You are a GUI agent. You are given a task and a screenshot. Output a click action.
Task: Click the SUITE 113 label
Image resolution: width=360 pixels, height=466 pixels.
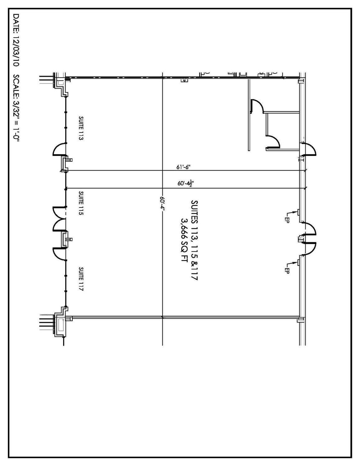[81, 128]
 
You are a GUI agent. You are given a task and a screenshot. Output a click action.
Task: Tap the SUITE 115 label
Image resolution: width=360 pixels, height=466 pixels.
[81, 203]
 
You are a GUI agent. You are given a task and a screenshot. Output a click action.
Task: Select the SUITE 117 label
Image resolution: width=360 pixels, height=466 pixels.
[81, 279]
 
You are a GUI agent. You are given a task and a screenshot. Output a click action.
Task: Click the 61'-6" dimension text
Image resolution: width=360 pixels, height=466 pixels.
[184, 167]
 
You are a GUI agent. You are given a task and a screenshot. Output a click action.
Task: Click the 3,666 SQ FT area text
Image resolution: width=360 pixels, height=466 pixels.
[185, 242]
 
